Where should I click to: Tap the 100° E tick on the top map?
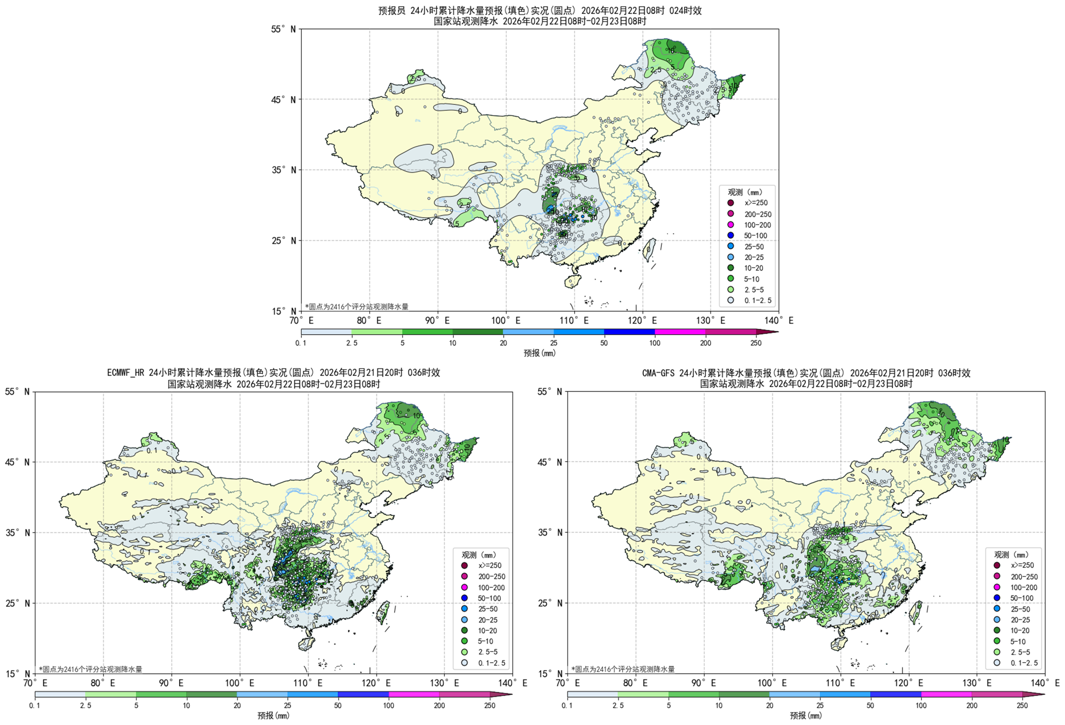click(x=506, y=320)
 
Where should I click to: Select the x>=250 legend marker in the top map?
click(x=731, y=203)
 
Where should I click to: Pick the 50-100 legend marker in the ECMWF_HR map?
click(x=464, y=598)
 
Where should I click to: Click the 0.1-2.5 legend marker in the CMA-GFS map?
click(x=997, y=663)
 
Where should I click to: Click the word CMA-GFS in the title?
click(x=659, y=373)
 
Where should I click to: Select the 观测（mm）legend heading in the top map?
click(x=745, y=192)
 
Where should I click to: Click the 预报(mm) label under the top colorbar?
click(x=539, y=353)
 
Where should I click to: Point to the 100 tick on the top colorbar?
click(x=655, y=343)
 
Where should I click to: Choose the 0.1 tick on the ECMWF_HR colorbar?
click(x=34, y=706)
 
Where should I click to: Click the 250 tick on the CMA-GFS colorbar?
click(x=1022, y=706)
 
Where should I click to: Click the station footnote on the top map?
click(x=357, y=306)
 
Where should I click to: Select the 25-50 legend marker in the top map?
click(x=731, y=246)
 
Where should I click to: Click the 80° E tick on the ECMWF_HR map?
click(x=103, y=683)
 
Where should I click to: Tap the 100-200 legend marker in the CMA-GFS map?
click(x=997, y=587)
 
